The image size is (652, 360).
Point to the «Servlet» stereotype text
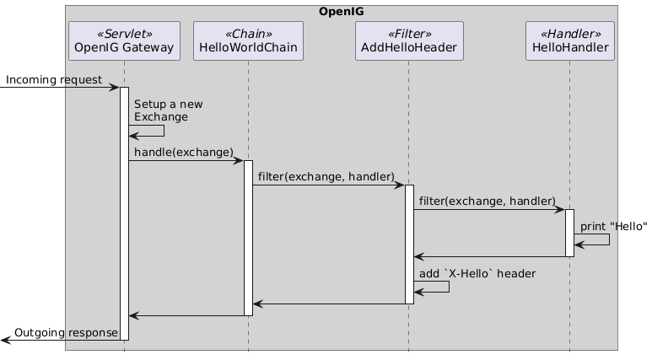(124, 33)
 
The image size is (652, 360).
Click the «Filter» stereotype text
(409, 33)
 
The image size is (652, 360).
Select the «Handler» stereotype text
(569, 33)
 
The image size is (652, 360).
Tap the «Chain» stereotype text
(248, 33)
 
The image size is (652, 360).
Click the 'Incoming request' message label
(54, 79)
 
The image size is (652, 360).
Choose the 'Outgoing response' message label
(67, 332)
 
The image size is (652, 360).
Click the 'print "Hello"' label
(613, 226)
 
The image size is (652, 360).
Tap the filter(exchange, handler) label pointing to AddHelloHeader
(326, 176)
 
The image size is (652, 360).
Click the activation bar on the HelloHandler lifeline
(569, 233)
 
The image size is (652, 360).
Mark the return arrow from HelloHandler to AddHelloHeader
(489, 256)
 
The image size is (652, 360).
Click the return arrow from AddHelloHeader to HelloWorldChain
(329, 304)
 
